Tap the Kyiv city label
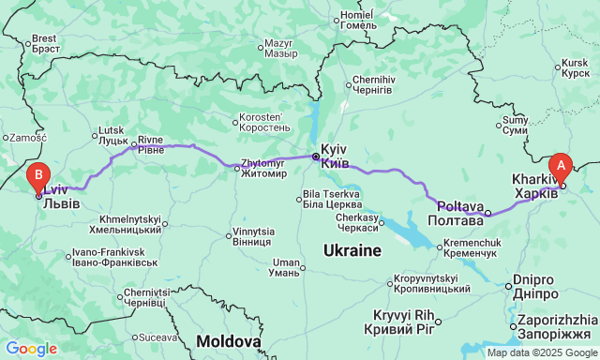point(335,157)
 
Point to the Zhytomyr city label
point(263,168)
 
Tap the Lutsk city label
point(112,135)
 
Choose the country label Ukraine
point(352,250)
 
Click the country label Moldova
point(229,341)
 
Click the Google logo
point(30,349)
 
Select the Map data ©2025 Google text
point(541,352)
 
